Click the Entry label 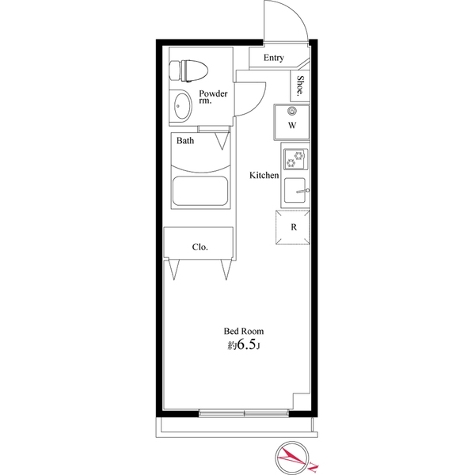(274, 58)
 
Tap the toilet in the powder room (188, 71)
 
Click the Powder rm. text (213, 97)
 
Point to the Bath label (185, 141)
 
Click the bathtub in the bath (200, 191)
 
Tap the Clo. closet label (200, 247)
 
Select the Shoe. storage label (300, 85)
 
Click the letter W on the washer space (292, 125)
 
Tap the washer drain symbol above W (292, 111)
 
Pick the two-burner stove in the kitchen (295, 159)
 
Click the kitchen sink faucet (302, 191)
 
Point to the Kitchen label (264, 175)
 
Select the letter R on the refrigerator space (294, 227)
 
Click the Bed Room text (244, 331)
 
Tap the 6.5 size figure (246, 345)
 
